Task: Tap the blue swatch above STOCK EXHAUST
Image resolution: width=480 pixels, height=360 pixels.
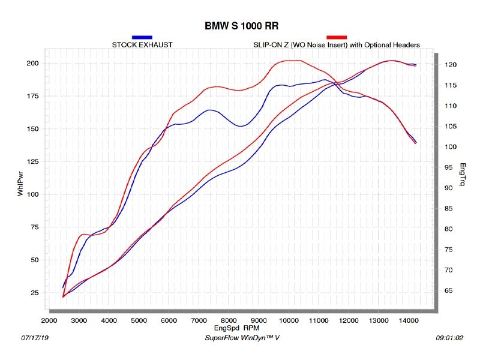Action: [142, 37]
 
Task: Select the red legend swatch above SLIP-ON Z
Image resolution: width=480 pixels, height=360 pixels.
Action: [337, 37]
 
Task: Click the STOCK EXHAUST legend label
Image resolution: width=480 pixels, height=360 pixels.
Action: [142, 45]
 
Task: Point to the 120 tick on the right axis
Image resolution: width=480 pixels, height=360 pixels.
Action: [451, 65]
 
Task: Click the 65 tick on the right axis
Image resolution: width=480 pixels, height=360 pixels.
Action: [451, 290]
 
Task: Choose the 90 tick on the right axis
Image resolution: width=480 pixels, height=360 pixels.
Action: [451, 188]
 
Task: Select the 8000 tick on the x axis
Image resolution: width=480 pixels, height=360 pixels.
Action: [229, 322]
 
